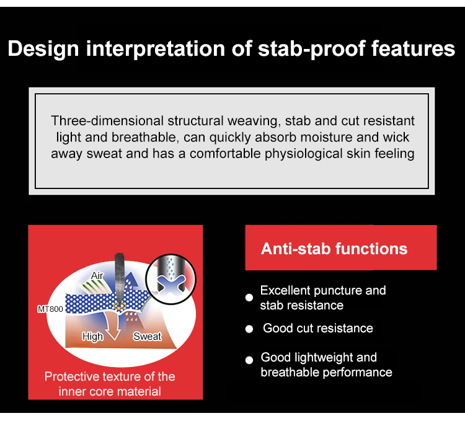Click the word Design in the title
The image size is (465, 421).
pos(43,48)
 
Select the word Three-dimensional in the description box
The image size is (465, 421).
pos(107,121)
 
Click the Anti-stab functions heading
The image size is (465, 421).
pos(334,249)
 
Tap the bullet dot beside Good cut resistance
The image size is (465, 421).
pos(249,329)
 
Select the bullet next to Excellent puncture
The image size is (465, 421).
pos(249,298)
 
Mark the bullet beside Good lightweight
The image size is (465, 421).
pos(249,360)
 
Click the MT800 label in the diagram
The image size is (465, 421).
pos(50,309)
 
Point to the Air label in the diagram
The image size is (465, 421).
pos(97,275)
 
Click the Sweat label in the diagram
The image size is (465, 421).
pos(147,336)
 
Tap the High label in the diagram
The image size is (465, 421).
pos(92,337)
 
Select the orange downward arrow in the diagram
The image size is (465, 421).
pos(113,325)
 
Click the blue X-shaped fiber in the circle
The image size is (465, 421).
pos(171,284)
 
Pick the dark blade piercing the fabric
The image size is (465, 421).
pos(119,278)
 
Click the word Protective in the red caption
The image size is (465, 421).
pos(71,376)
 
